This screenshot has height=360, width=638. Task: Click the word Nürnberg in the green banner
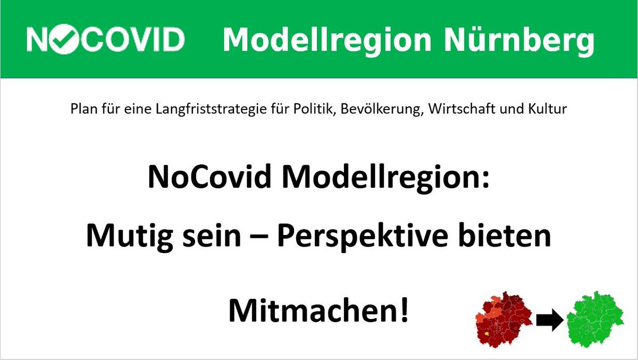[x=519, y=40]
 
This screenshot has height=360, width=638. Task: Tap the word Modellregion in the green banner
[x=328, y=40]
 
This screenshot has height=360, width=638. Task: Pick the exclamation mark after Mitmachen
[x=405, y=310]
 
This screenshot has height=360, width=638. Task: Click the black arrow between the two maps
[x=550, y=320]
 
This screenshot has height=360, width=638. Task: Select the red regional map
[x=503, y=320]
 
